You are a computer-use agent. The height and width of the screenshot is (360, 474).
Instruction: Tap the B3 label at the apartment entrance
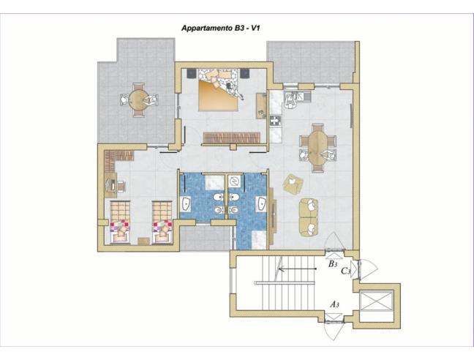333,263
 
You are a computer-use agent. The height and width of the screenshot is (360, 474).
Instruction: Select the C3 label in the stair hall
347,270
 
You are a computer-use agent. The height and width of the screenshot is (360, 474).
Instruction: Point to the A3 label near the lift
334,303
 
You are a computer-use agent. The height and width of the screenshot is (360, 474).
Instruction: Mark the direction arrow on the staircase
293,269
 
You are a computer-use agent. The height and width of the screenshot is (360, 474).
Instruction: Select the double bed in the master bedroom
218,91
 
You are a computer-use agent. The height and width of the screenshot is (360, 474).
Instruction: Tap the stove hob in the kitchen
276,121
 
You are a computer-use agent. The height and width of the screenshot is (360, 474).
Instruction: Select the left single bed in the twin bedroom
119,222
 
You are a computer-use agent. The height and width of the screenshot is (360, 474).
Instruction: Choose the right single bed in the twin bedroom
162,222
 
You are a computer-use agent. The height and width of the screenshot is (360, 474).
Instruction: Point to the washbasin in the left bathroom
186,203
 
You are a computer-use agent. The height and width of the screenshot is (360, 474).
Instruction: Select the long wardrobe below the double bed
231,138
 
